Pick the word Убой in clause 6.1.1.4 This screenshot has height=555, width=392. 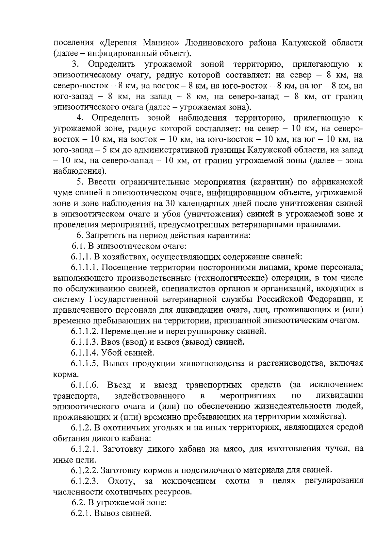point(111,353)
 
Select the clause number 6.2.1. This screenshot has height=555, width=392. point(81,513)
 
